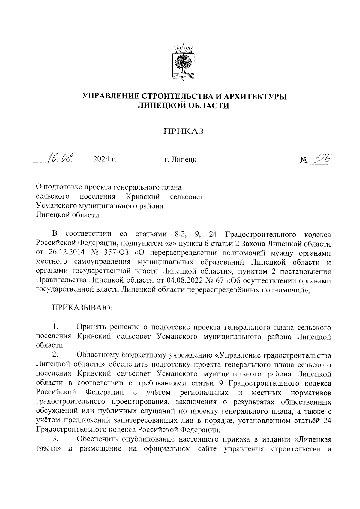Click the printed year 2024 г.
coord(105,159)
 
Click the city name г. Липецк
coord(180,160)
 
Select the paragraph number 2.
coord(55,355)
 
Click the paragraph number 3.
coord(55,439)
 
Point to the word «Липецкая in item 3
coord(312,439)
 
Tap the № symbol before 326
coord(304,160)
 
